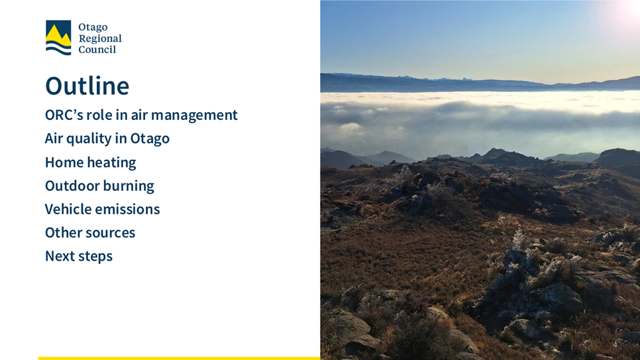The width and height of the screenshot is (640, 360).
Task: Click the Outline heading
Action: (87, 86)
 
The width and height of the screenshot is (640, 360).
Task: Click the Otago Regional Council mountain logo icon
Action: (58, 38)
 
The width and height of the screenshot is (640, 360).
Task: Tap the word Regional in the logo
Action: (100, 39)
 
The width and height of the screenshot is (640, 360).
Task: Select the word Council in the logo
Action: (97, 50)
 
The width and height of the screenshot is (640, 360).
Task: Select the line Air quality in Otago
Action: (107, 139)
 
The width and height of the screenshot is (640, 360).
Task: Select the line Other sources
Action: (90, 233)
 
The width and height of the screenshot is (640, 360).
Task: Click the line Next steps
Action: (79, 256)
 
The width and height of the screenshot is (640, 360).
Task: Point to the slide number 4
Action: (615, 345)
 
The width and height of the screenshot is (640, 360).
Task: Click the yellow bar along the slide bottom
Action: (179, 359)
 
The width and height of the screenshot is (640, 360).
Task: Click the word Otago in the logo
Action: (93, 27)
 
